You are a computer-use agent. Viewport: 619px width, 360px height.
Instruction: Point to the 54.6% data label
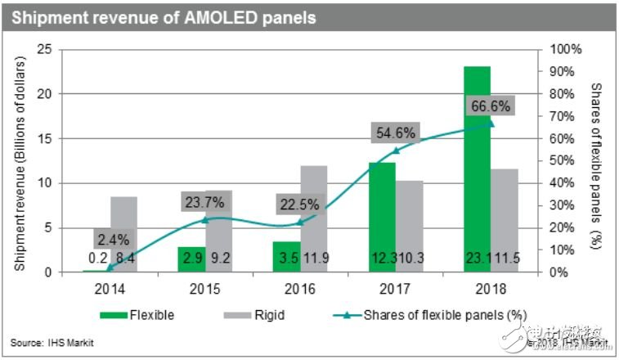coord(395,133)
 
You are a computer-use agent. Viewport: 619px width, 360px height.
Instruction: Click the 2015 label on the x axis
coord(204,288)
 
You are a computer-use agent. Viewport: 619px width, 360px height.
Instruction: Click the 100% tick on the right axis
coord(565,50)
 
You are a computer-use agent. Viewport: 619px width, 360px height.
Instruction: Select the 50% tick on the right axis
coord(565,161)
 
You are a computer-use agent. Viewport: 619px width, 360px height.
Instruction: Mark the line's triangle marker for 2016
coord(299,222)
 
